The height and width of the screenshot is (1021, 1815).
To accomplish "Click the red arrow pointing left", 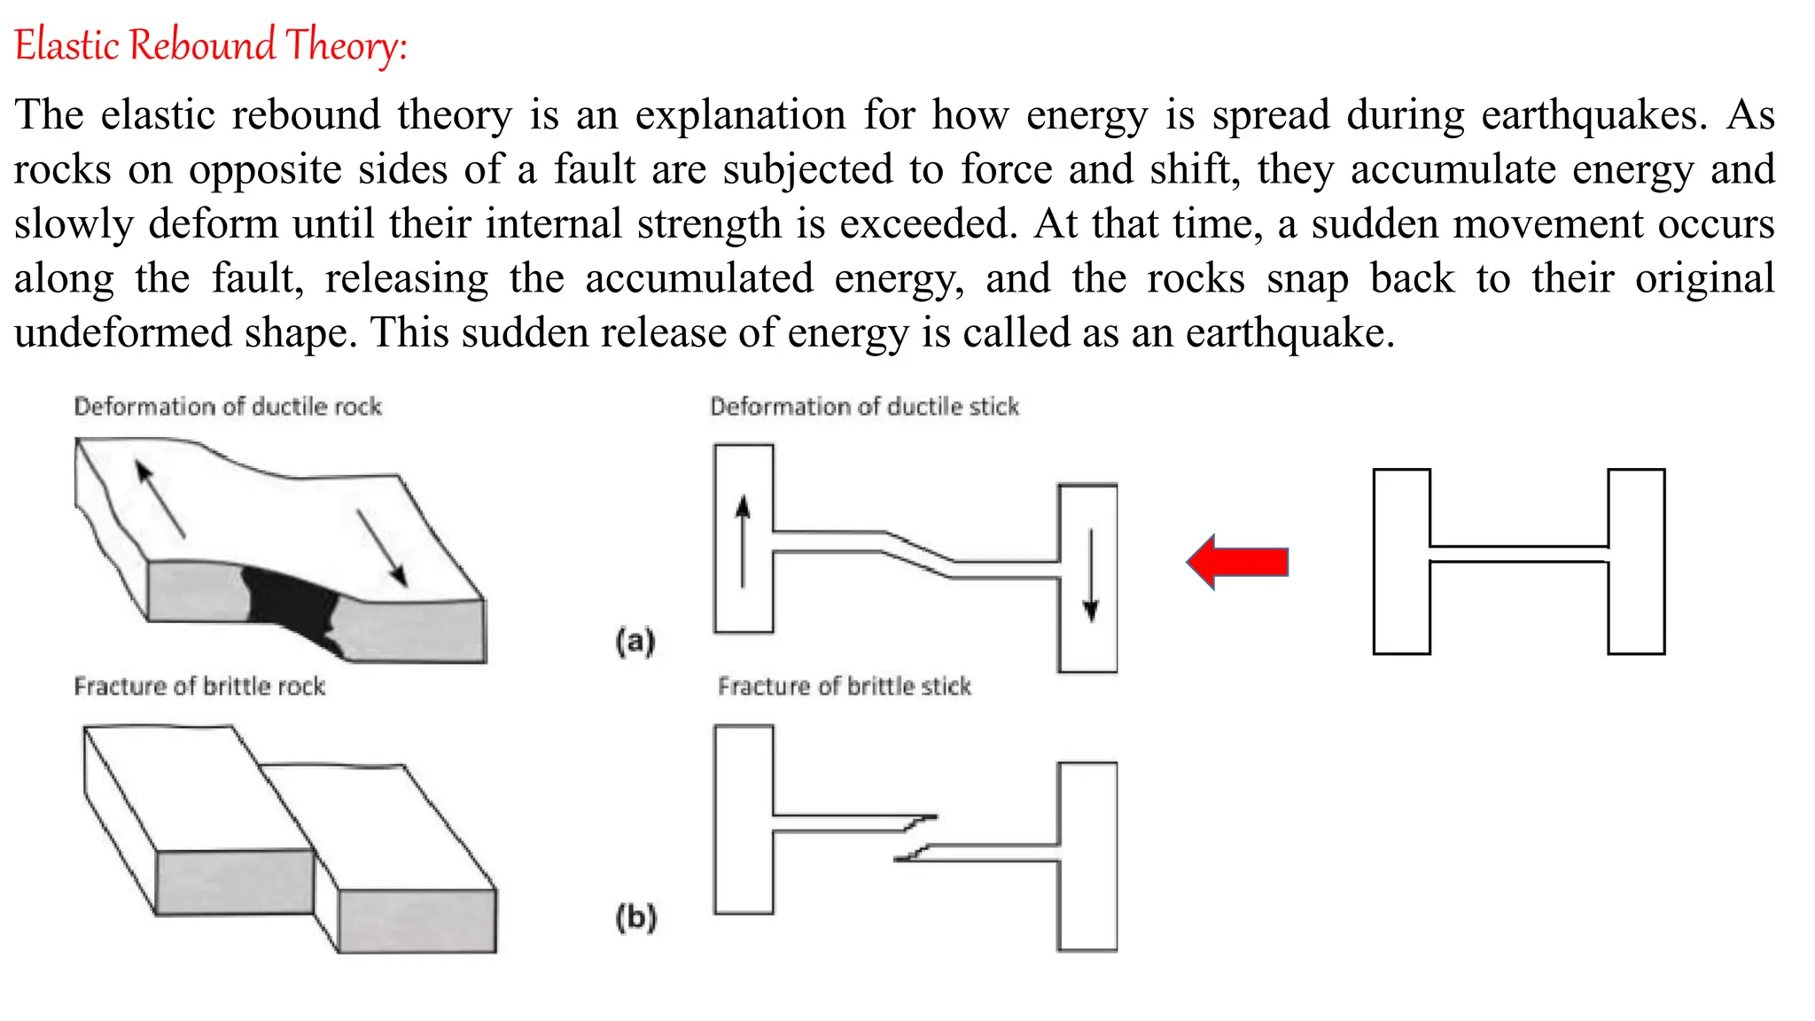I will pos(1238,562).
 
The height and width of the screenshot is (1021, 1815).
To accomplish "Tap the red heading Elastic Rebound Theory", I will pos(211,45).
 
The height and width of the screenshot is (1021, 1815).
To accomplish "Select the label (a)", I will pos(635,640).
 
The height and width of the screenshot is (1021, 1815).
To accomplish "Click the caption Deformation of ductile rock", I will pos(228,407).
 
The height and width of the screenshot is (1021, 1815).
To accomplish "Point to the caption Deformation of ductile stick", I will pos(864,407).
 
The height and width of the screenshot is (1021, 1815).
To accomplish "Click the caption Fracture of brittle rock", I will pos(199,687).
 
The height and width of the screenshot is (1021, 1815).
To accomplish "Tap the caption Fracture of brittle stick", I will pos(845,687).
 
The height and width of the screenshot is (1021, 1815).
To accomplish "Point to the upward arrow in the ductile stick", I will pos(743,541).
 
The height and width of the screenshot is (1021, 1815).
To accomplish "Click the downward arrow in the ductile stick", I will pos(1091,576).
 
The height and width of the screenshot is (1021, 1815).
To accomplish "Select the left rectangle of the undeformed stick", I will pos(1401,562).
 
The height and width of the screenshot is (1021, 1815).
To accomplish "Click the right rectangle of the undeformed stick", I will pos(1636,562).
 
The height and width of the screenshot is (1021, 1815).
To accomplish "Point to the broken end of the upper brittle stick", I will pos(922,821).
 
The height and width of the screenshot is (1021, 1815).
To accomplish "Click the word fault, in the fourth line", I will pos(258,278).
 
